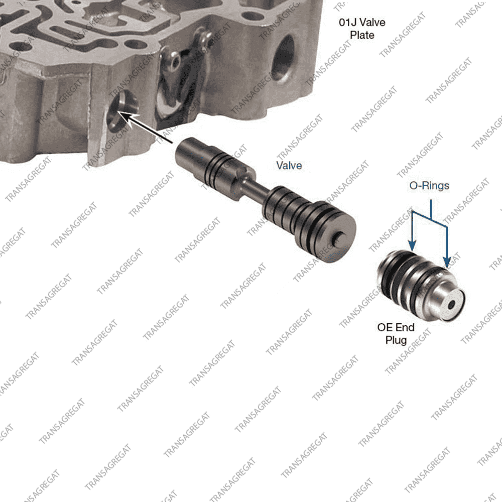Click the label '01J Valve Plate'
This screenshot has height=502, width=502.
[x=362, y=29]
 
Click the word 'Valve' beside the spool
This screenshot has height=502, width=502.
[x=289, y=166]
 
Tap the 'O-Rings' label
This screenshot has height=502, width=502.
[x=429, y=186]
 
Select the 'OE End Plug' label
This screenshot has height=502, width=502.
[x=396, y=334]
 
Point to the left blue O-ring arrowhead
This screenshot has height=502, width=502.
[x=412, y=245]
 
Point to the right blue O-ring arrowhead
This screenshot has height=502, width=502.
[x=447, y=262]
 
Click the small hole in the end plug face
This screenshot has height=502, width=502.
[x=451, y=305]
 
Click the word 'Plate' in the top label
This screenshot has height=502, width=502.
[x=362, y=35]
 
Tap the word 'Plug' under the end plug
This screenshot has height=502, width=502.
[x=396, y=340]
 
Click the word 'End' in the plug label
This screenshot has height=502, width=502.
[x=405, y=327]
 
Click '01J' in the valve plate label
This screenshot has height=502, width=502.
[x=347, y=23]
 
